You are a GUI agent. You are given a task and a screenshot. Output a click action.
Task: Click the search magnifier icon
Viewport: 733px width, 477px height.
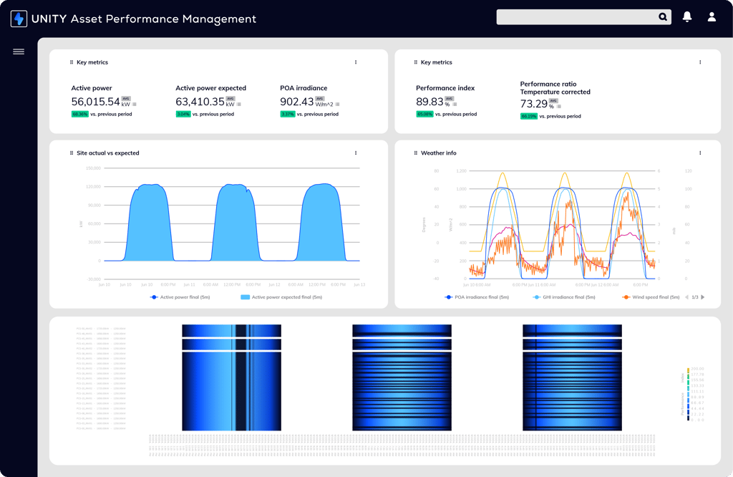tap(663, 17)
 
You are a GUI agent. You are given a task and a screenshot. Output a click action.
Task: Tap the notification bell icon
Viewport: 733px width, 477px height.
tap(687, 16)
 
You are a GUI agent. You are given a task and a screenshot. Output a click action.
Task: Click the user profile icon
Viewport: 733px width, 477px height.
tap(712, 16)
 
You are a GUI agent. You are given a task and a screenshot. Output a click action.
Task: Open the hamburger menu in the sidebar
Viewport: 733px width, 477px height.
tap(19, 52)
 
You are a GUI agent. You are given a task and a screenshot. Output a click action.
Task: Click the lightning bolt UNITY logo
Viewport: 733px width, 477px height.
tap(19, 19)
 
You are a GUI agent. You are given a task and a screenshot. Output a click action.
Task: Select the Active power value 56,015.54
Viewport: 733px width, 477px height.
tap(95, 102)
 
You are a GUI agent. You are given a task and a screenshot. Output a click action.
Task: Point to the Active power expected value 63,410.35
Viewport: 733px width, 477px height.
tap(200, 102)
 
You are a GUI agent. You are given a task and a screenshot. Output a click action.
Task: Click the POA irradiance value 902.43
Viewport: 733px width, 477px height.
tap(296, 102)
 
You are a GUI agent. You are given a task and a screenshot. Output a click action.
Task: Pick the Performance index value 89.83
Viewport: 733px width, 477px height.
tap(429, 102)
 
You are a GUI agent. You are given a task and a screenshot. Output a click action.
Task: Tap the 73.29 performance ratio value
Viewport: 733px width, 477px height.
tap(533, 104)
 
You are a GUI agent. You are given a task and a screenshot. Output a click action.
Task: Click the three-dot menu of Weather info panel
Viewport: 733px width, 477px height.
tap(700, 153)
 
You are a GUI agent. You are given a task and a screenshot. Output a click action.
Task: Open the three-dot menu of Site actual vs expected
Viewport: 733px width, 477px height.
tap(356, 153)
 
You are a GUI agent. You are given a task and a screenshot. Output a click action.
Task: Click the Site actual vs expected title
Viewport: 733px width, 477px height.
tap(108, 153)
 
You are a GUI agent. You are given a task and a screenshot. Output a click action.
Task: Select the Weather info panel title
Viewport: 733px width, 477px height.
tap(438, 153)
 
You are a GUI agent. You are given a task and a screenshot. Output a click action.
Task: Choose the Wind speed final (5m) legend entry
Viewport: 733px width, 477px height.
tap(651, 297)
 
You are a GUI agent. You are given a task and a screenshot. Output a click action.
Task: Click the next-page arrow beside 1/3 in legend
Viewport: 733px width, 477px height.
tap(703, 297)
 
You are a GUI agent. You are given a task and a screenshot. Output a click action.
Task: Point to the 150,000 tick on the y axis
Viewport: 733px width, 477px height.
tap(93, 168)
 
